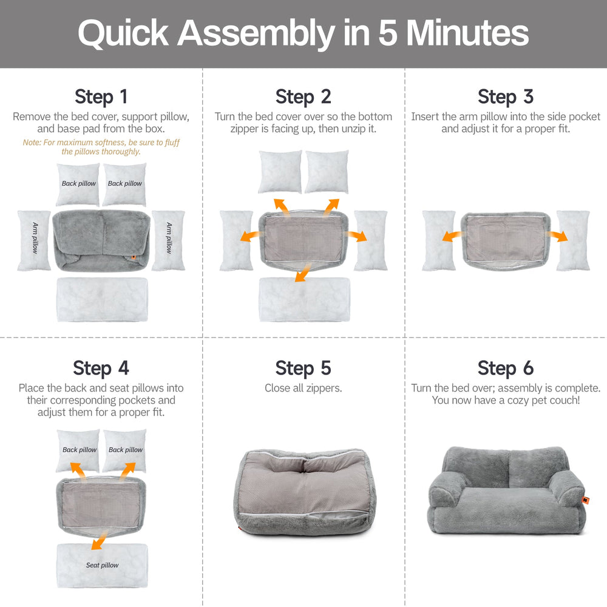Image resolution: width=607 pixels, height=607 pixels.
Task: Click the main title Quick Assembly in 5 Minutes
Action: click(x=303, y=33)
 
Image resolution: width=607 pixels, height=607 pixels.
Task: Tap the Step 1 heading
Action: click(x=101, y=97)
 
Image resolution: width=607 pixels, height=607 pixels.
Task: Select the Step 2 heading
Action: click(x=303, y=97)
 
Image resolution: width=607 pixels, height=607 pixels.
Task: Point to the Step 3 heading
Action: click(x=505, y=97)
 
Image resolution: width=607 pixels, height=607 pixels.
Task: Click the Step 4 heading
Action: click(x=101, y=368)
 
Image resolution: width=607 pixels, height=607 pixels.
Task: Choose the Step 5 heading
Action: click(x=303, y=368)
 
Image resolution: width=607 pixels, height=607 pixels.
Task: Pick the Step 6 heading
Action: click(x=505, y=368)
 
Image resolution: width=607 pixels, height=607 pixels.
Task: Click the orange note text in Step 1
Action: click(x=101, y=147)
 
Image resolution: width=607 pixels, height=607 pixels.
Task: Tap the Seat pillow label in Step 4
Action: click(x=102, y=565)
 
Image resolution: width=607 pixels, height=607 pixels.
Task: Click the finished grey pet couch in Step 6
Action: click(x=505, y=492)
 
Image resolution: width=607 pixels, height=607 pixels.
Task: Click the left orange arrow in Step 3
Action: click(x=450, y=237)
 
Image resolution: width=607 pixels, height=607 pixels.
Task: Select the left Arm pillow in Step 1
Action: click(x=35, y=240)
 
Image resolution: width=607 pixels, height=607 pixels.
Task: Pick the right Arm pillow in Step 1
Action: click(x=169, y=240)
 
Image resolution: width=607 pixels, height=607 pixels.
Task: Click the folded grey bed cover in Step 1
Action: click(x=102, y=240)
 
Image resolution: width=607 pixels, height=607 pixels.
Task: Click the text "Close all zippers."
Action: click(x=303, y=388)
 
